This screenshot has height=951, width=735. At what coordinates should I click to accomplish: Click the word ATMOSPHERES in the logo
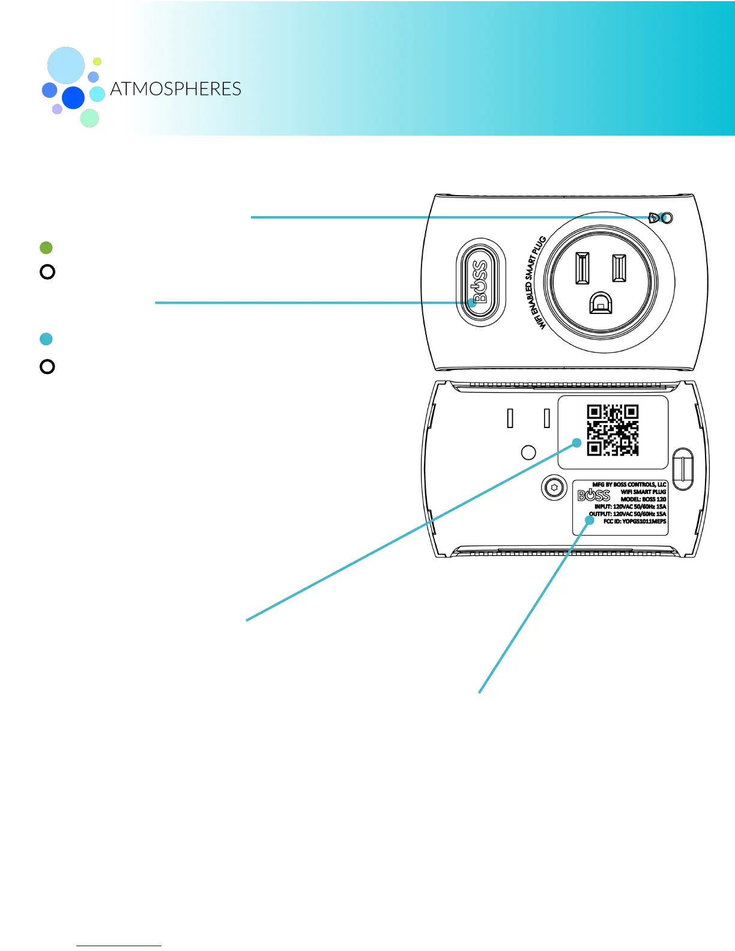coord(175,89)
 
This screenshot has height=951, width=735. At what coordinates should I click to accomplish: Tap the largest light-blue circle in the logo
coord(66,65)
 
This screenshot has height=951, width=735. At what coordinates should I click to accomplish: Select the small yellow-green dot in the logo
coord(97,61)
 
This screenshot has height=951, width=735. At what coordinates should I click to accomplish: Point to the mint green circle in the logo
coord(89,118)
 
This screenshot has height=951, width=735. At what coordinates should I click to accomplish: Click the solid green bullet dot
coord(46,247)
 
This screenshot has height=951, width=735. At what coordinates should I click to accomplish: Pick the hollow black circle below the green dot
coord(47,272)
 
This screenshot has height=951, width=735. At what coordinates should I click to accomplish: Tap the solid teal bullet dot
coord(46,339)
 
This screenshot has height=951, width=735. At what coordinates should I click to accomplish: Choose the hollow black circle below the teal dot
coord(47,366)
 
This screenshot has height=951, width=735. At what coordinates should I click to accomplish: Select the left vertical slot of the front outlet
coord(581,268)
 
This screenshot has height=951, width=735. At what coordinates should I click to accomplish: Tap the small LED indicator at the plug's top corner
coord(665,218)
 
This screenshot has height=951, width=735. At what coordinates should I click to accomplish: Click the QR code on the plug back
coord(612,430)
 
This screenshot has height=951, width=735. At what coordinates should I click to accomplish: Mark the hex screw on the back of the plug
coord(554,488)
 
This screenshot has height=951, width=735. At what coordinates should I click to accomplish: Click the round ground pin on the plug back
coord(528,452)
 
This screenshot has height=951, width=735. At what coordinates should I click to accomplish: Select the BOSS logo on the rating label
coord(593,495)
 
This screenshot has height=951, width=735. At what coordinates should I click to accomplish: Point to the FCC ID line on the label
coord(634,522)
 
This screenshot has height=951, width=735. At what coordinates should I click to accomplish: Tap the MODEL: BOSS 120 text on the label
coord(643,500)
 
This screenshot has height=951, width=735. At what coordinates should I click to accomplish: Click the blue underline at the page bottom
coord(119,946)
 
